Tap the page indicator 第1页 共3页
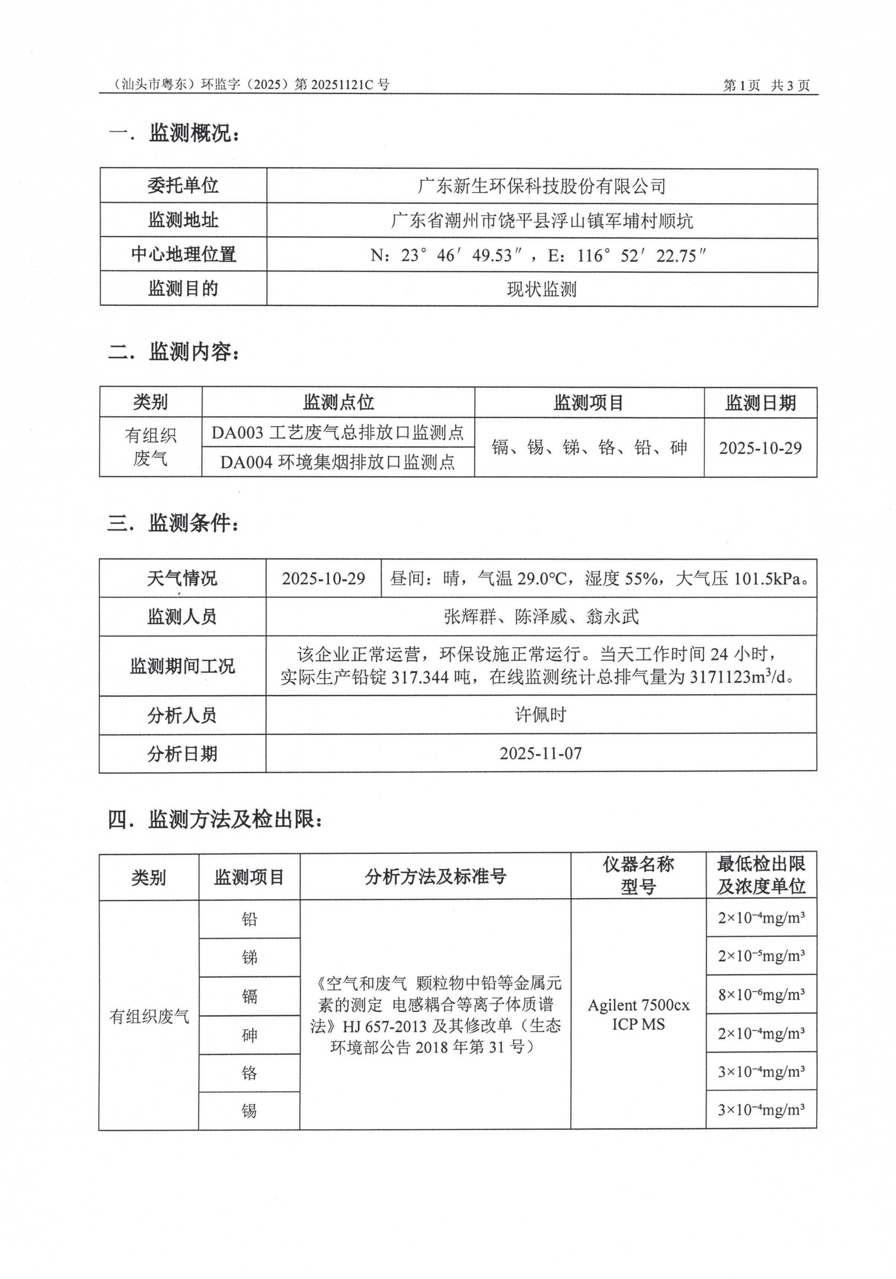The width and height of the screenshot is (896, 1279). (x=766, y=85)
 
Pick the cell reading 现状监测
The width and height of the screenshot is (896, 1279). (x=541, y=289)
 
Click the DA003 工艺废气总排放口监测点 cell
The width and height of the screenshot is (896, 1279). (x=338, y=432)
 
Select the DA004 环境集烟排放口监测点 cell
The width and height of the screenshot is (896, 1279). (x=338, y=462)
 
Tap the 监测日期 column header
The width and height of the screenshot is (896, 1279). (x=760, y=403)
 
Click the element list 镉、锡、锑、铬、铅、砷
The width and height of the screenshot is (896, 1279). (x=589, y=447)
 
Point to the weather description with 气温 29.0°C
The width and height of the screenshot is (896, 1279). (x=598, y=578)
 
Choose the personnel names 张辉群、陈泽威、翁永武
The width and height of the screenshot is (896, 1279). (x=541, y=617)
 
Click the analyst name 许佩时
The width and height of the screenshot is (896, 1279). (x=541, y=715)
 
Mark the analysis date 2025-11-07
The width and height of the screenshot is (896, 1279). (x=541, y=754)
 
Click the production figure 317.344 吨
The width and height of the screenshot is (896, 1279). (x=431, y=677)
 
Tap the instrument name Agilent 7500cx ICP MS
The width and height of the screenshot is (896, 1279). (x=638, y=1014)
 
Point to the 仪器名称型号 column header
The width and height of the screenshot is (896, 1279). (x=638, y=875)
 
